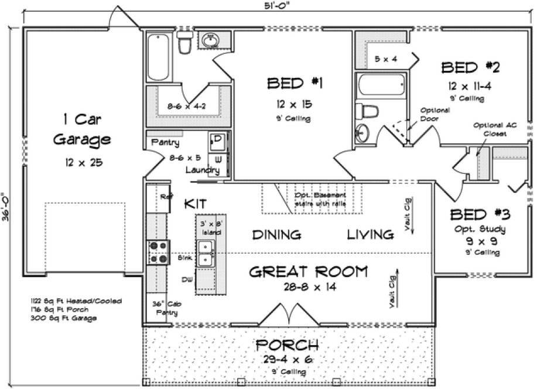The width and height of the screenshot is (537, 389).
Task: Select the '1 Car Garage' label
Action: pyautogui.click(x=82, y=129)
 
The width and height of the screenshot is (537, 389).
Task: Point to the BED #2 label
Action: pyautogui.click(x=470, y=67)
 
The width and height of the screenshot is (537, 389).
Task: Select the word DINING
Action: pyautogui.click(x=276, y=235)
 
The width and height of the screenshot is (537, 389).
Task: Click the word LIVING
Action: pyautogui.click(x=370, y=235)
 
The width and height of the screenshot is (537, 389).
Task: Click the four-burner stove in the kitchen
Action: pyautogui.click(x=158, y=252)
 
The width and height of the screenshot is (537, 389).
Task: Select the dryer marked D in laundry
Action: pyautogui.click(x=217, y=140)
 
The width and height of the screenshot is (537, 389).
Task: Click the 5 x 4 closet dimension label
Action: pyautogui.click(x=386, y=59)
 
